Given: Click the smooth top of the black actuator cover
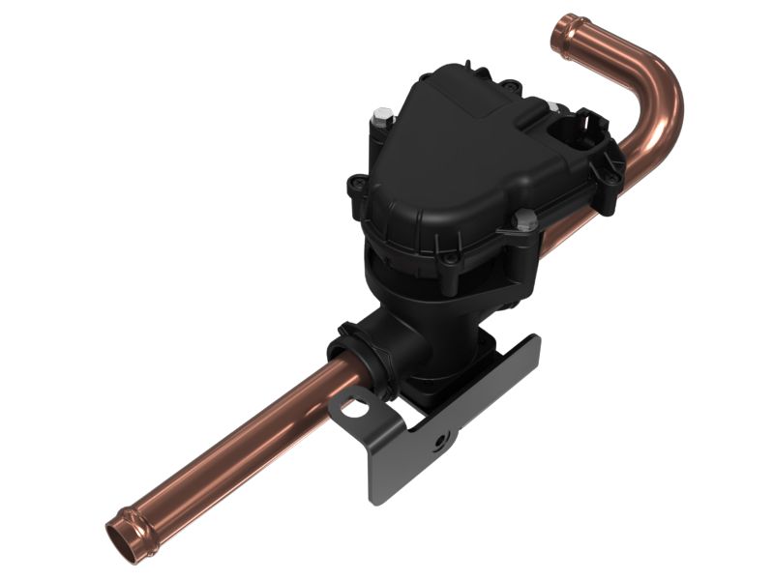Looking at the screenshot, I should click(x=455, y=145).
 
